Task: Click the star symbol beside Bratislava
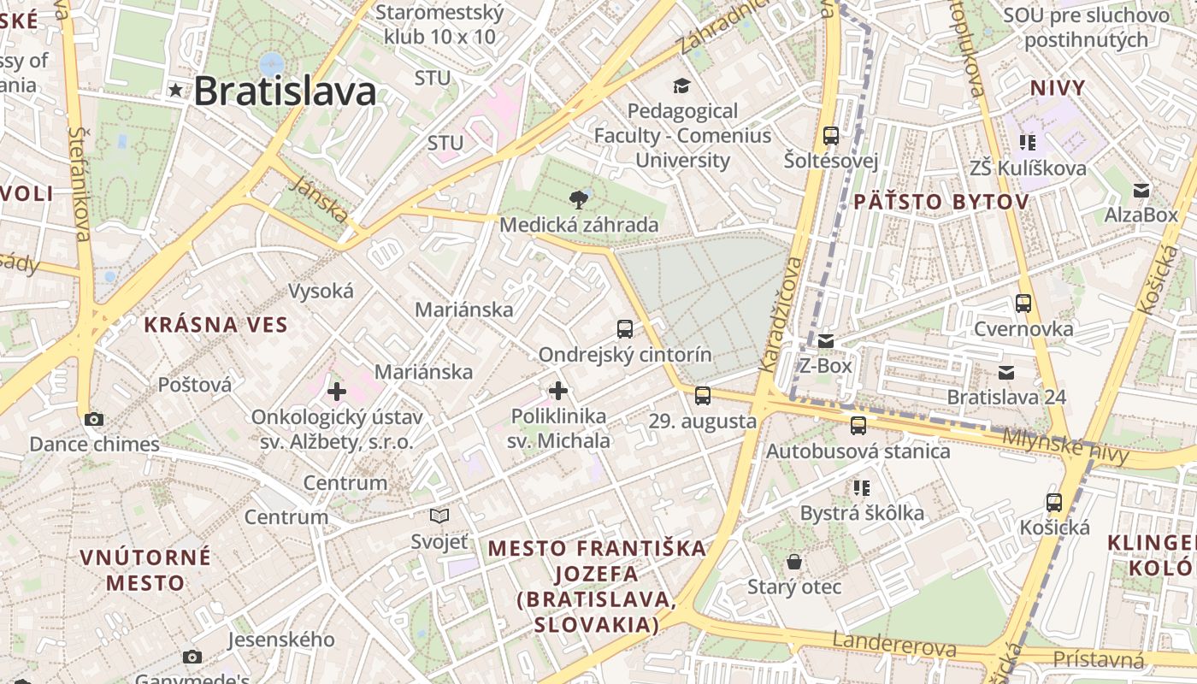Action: pyautogui.click(x=176, y=90)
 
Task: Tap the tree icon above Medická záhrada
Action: pyautogui.click(x=579, y=200)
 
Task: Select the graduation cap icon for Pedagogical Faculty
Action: pyautogui.click(x=681, y=85)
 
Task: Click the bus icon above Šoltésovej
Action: pyautogui.click(x=830, y=135)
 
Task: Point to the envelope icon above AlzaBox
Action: pyautogui.click(x=1141, y=190)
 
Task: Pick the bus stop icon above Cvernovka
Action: pyautogui.click(x=1023, y=303)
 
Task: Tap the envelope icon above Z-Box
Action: pyautogui.click(x=825, y=341)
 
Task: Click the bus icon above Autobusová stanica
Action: pyautogui.click(x=858, y=425)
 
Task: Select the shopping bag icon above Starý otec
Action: pyautogui.click(x=794, y=562)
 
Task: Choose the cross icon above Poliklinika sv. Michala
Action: pyautogui.click(x=558, y=391)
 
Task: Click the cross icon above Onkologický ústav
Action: pyautogui.click(x=337, y=392)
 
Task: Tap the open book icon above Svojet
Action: pyautogui.click(x=439, y=516)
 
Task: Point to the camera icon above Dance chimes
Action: pyautogui.click(x=94, y=419)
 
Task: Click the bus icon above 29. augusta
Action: pyautogui.click(x=702, y=395)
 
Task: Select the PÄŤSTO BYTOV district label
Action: pyautogui.click(x=940, y=202)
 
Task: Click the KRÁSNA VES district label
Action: pyautogui.click(x=215, y=325)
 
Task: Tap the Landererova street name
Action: pyautogui.click(x=894, y=644)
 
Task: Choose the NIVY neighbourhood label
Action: pyautogui.click(x=1058, y=88)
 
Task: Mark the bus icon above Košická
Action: pyautogui.click(x=1054, y=503)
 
